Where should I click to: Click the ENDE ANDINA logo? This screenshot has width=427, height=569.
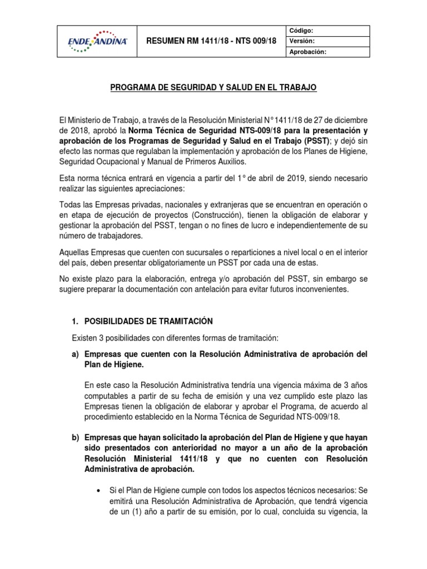click(97, 40)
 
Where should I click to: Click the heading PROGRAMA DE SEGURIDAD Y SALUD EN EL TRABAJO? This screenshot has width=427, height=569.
click(213, 88)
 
